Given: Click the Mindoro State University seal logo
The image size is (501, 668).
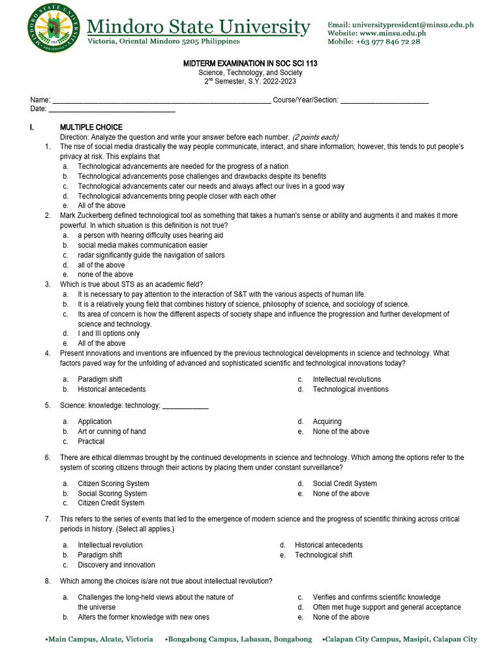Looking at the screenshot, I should (55, 29).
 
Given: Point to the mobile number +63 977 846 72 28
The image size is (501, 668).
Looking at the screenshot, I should (387, 42).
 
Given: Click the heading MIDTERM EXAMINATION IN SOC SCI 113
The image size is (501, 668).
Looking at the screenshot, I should (250, 64).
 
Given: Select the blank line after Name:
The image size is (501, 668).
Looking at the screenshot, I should (161, 100).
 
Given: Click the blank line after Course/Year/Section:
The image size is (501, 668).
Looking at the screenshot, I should (384, 100).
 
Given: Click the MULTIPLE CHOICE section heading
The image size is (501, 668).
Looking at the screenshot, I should (91, 127).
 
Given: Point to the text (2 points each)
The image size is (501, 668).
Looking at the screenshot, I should (315, 137).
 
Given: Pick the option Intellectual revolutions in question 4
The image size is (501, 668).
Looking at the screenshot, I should (347, 380).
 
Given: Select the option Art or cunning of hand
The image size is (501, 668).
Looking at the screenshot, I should (112, 432).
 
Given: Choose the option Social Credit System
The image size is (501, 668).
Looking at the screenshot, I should (344, 484).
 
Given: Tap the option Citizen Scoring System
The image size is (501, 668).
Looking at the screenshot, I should (114, 484).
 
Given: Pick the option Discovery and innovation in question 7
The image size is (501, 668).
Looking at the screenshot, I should (116, 565).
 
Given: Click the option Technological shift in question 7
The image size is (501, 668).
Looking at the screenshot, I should (323, 555).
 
